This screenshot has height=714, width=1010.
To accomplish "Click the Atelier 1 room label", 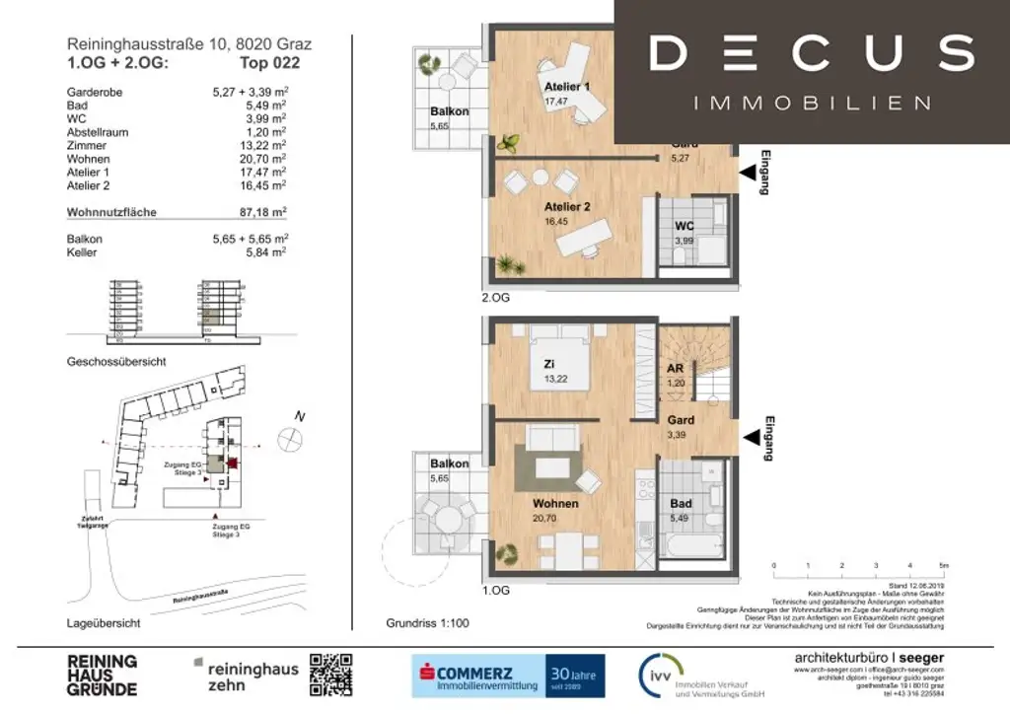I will [567, 87].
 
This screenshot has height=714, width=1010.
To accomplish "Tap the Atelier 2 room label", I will [567, 207].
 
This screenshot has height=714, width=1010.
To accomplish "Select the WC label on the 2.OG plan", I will [685, 226].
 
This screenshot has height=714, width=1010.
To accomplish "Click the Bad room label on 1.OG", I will [681, 503].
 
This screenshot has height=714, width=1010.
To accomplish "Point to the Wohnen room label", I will [555, 503].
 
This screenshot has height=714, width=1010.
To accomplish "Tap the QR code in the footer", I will [330, 675].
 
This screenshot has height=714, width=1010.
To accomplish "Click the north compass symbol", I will [293, 439].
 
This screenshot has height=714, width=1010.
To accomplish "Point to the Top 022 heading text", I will [270, 63].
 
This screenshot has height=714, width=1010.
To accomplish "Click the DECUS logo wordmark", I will [812, 53].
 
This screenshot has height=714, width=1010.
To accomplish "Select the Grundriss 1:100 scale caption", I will [427, 623].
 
